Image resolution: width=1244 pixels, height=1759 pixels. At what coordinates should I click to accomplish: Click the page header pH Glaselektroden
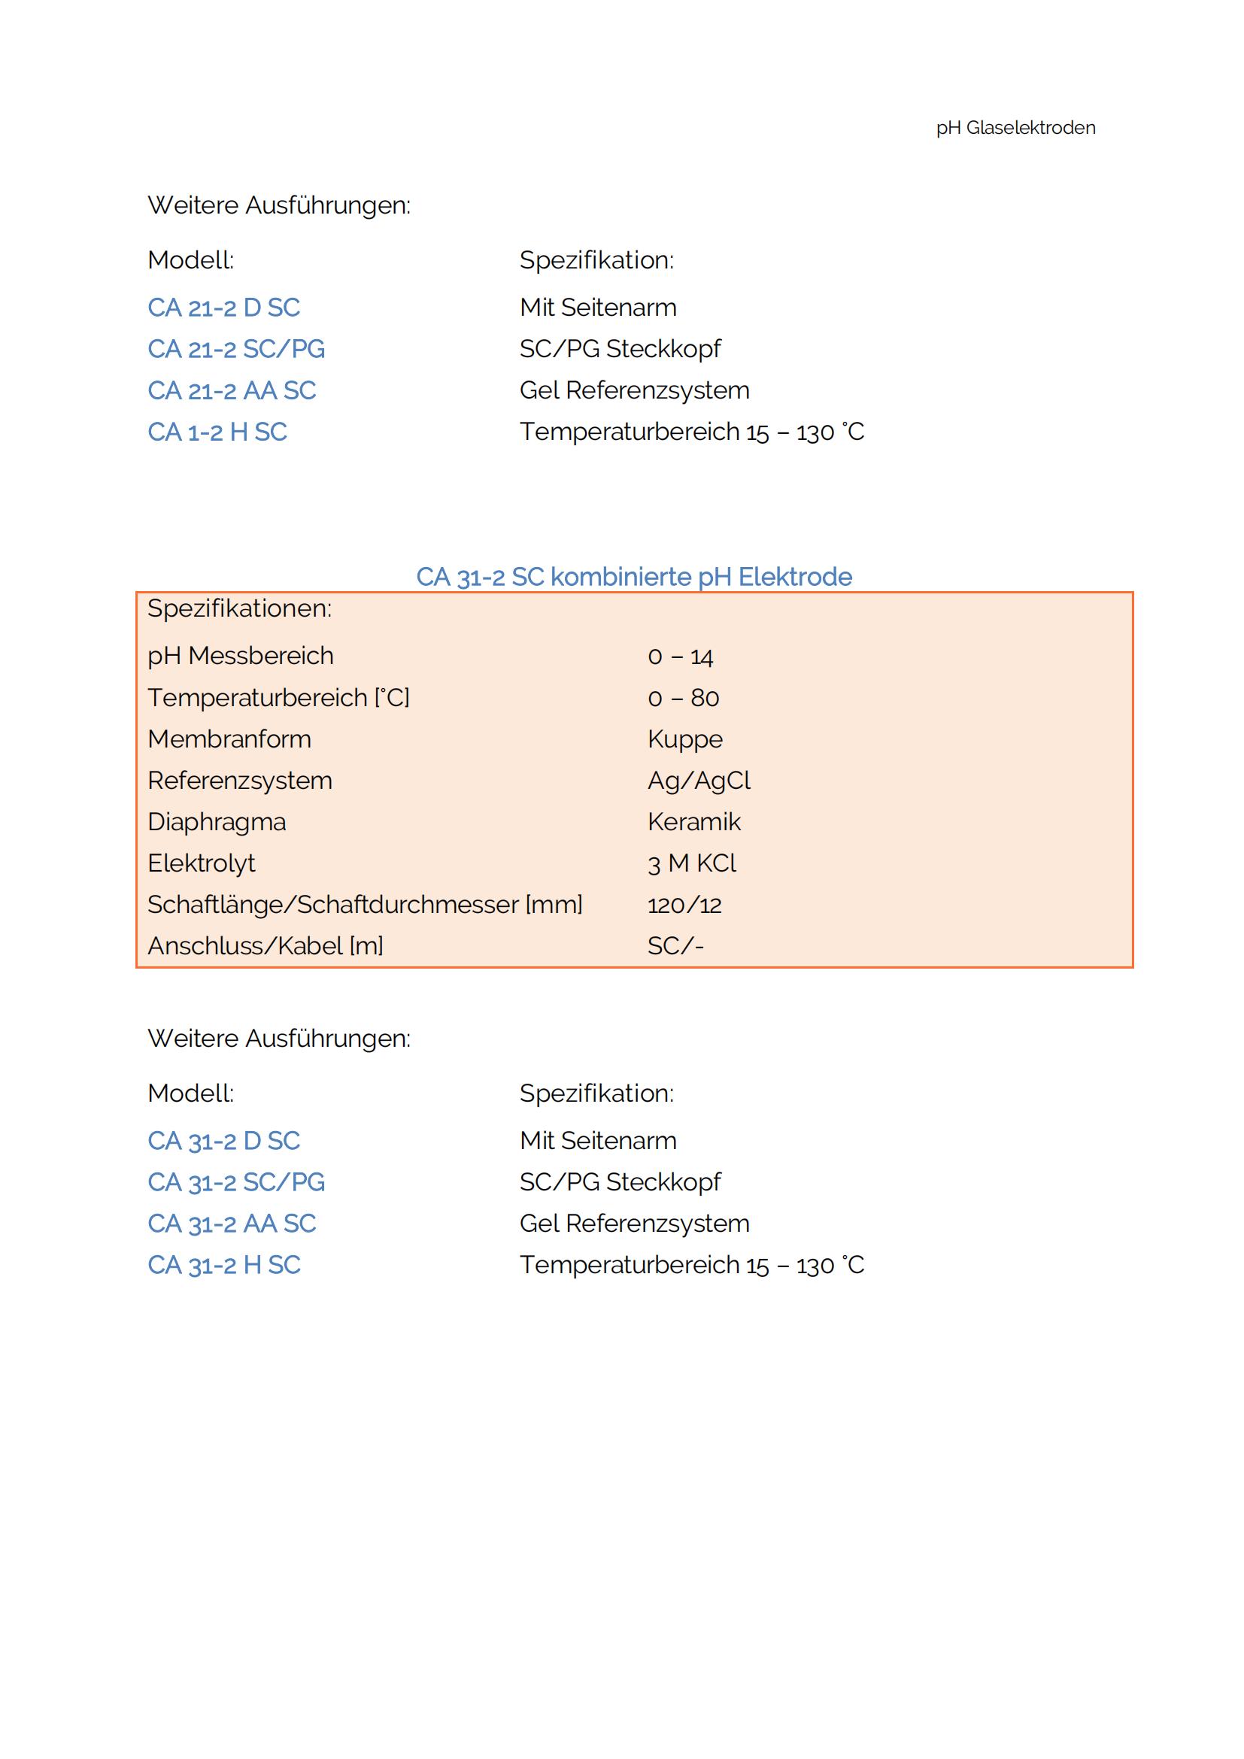click(x=1015, y=128)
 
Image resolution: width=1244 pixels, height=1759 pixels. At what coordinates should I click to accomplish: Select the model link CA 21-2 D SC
click(x=223, y=308)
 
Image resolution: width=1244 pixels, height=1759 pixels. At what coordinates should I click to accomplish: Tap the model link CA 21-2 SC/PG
click(x=236, y=350)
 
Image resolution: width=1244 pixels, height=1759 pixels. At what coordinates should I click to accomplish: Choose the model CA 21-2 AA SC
click(x=232, y=391)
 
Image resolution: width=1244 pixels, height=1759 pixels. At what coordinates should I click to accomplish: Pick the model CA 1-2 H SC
click(x=217, y=432)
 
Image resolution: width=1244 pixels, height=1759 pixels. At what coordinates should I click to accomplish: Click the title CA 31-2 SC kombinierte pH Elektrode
click(x=633, y=577)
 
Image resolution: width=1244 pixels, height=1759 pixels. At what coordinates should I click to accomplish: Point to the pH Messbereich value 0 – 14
click(x=680, y=657)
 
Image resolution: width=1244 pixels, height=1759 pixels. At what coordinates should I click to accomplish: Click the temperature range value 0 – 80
click(x=683, y=698)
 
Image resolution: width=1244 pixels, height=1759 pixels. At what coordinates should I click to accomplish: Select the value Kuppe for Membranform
click(x=685, y=739)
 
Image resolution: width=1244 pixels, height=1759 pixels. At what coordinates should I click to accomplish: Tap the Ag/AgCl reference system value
click(x=699, y=781)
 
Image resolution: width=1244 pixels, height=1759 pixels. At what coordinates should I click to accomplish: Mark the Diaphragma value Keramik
click(x=694, y=822)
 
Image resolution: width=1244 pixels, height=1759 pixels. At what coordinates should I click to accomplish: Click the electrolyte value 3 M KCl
click(x=691, y=863)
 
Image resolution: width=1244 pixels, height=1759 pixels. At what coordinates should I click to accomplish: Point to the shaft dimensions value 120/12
click(x=684, y=905)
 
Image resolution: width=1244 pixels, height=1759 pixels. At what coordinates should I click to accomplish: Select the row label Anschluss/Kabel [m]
click(x=265, y=946)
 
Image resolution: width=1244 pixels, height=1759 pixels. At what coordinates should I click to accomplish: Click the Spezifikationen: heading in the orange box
click(x=239, y=609)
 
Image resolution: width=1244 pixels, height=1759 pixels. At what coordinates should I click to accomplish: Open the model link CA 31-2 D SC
click(x=223, y=1141)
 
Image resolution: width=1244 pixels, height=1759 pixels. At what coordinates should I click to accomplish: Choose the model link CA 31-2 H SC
click(x=223, y=1265)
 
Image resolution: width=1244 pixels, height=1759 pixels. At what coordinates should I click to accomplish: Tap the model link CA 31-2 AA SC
click(x=232, y=1224)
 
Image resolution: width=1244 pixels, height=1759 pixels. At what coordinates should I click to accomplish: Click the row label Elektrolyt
click(x=201, y=863)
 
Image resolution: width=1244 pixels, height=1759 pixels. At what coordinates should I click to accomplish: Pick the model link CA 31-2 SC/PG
click(x=236, y=1182)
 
